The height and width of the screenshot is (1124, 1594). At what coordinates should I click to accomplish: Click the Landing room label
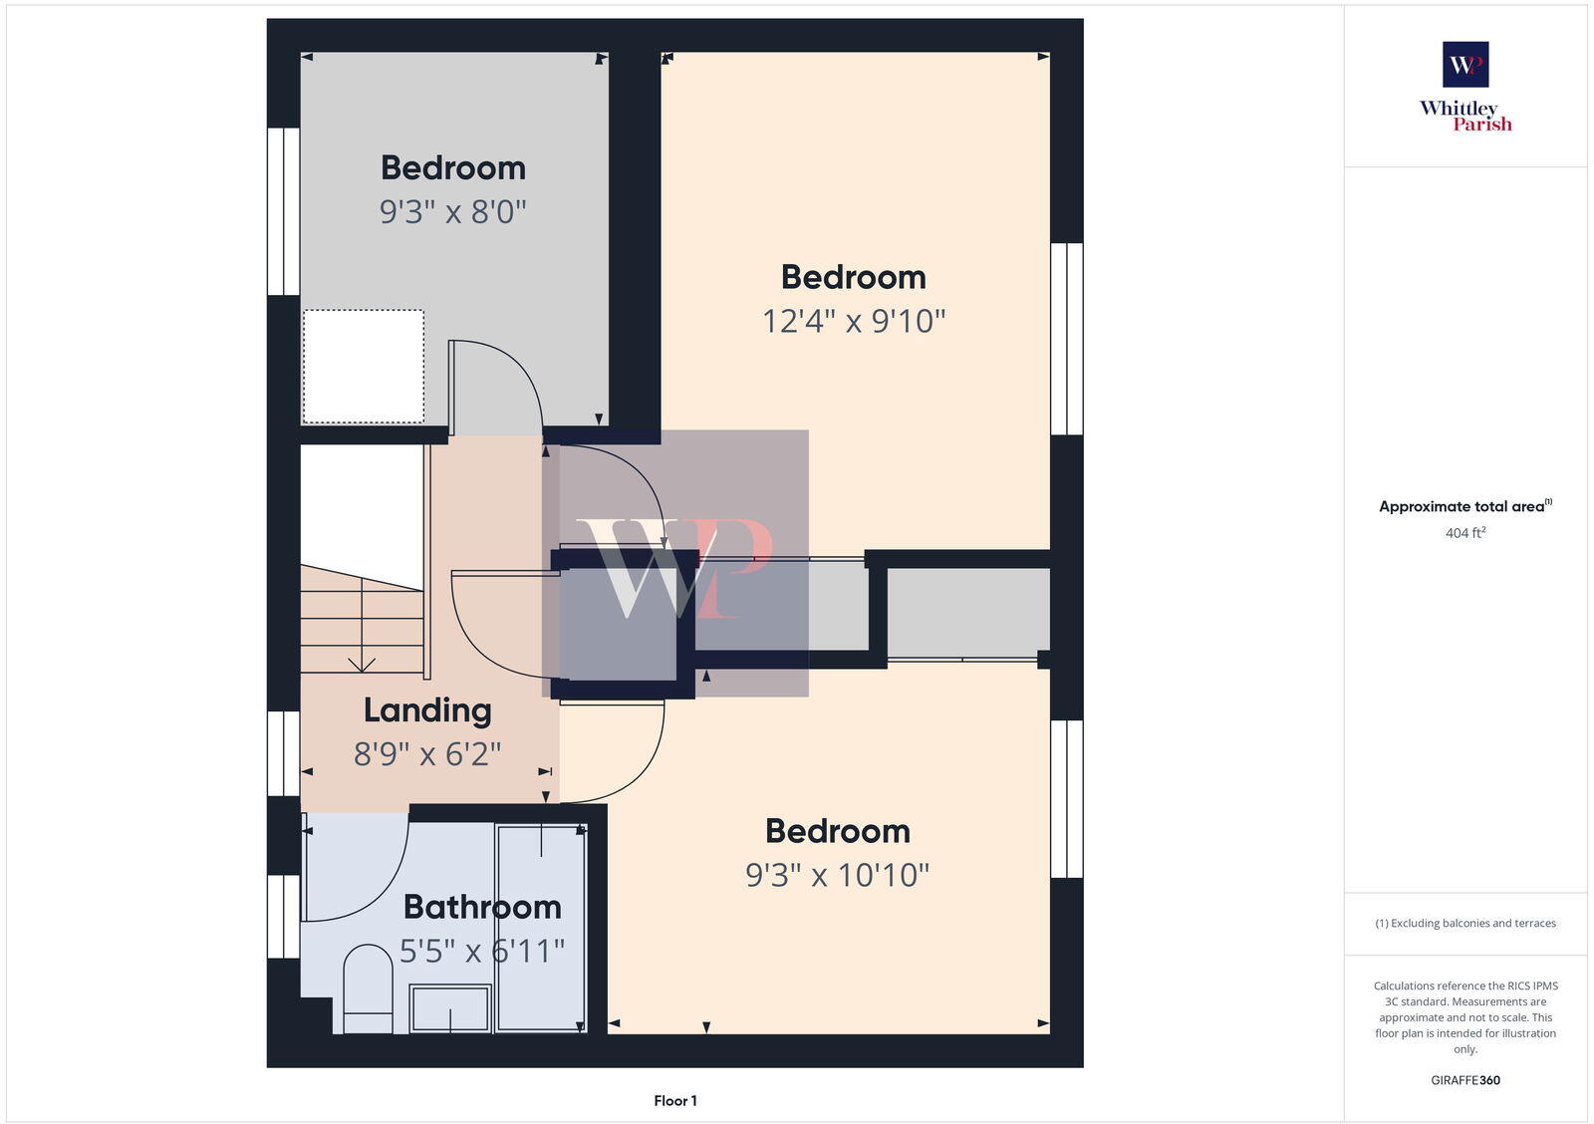click(427, 710)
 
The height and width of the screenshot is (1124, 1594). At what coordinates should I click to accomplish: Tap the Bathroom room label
click(482, 907)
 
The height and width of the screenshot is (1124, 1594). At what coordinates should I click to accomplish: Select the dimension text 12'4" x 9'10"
click(854, 321)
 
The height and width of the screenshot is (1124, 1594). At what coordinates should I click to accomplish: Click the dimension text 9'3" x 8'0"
click(452, 211)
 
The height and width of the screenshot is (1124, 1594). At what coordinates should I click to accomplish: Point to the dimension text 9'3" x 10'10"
click(837, 875)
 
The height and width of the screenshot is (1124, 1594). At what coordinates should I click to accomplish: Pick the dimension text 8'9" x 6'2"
click(427, 754)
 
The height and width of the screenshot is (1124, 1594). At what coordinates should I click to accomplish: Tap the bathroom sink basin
click(450, 1007)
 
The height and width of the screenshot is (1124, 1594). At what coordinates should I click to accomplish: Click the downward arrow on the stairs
click(361, 663)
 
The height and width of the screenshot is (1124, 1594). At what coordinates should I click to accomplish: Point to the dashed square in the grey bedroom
click(364, 366)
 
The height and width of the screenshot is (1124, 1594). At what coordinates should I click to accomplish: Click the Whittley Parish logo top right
click(1465, 87)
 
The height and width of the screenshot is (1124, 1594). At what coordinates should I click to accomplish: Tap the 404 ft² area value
click(1465, 533)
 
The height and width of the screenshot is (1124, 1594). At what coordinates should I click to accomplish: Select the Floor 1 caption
click(675, 1101)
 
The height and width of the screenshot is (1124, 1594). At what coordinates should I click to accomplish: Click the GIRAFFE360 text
click(1465, 1080)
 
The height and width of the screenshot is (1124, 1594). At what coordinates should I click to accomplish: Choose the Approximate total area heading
click(1462, 506)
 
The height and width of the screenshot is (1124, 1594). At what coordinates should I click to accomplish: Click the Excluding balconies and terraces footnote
click(1465, 923)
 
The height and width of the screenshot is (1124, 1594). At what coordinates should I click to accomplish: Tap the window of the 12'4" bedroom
click(1067, 339)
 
